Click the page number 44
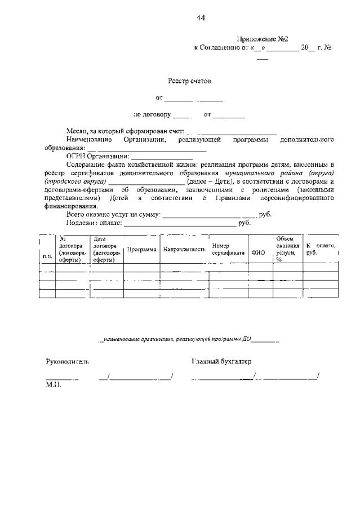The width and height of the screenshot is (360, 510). (201, 18)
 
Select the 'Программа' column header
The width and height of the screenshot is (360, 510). (141, 249)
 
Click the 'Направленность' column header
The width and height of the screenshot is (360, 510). (184, 249)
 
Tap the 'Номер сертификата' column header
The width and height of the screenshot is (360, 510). (228, 249)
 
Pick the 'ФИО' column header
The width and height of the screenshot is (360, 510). (258, 253)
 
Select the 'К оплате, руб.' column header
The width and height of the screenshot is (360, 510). (321, 249)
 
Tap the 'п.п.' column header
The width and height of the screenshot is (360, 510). (47, 257)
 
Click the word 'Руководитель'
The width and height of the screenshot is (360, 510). (67, 361)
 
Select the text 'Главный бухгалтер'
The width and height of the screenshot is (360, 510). (221, 361)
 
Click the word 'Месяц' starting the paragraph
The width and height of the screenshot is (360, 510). (76, 131)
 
